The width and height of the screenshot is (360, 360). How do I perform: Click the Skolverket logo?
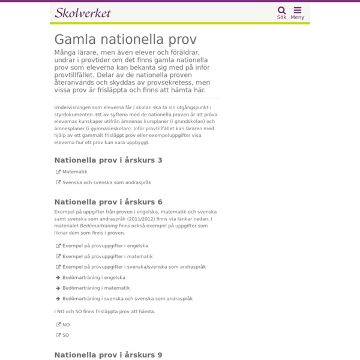pyautogui.click(x=83, y=13)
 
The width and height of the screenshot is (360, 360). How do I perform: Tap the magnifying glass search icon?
pyautogui.click(x=281, y=10)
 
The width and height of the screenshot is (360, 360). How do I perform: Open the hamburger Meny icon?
pyautogui.click(x=298, y=10)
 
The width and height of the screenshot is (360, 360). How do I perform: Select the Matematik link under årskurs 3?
pyautogui.click(x=75, y=172)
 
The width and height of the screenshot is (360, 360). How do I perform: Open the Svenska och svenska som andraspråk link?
pyautogui.click(x=107, y=182)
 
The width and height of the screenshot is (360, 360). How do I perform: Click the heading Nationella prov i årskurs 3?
pyautogui.click(x=108, y=160)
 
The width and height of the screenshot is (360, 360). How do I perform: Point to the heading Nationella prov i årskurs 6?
pyautogui.click(x=108, y=202)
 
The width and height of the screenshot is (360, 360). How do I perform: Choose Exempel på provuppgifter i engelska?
pyautogui.click(x=105, y=246)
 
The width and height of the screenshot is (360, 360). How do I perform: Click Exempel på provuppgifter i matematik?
pyautogui.click(x=107, y=256)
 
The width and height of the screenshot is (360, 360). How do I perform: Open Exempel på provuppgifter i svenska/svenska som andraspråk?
pyautogui.click(x=134, y=267)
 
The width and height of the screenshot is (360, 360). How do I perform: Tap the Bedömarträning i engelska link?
pyautogui.click(x=94, y=278)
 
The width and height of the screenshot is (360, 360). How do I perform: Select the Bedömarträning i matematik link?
pyautogui.click(x=96, y=288)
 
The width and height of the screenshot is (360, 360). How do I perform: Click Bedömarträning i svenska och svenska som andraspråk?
pyautogui.click(x=127, y=299)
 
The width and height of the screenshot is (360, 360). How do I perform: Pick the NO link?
pyautogui.click(x=66, y=325)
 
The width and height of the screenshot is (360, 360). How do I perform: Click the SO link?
pyautogui.click(x=65, y=335)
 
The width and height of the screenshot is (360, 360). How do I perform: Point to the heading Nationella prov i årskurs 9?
pyautogui.click(x=108, y=355)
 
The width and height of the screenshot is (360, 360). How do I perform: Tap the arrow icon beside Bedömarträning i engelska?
pyautogui.click(x=58, y=278)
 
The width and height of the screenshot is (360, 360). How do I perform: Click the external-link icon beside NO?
pyautogui.click(x=58, y=325)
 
